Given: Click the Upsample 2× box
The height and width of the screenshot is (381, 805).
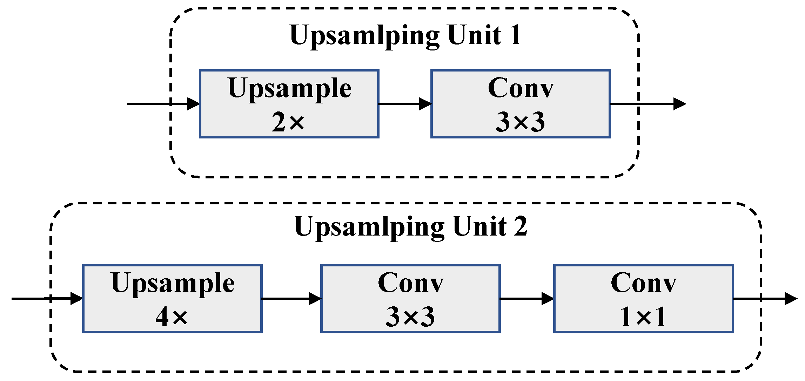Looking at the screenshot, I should click(289, 104).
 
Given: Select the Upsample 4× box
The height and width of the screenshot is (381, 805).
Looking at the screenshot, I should click(172, 299).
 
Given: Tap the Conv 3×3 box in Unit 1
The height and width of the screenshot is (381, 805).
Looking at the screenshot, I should click(521, 104).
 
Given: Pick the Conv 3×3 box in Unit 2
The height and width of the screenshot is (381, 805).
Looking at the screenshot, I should click(410, 299).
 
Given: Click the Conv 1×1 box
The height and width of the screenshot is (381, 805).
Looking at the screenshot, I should click(643, 299).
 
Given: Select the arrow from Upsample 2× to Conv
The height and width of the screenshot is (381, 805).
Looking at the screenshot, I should click(405, 104).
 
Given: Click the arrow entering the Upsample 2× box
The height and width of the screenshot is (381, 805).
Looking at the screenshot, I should click(163, 104).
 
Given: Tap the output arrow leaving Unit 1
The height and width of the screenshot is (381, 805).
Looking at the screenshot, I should click(648, 104).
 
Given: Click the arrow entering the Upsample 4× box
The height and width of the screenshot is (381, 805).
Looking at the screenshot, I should click(47, 299).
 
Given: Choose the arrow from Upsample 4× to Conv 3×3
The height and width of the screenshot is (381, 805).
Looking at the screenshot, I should click(291, 299).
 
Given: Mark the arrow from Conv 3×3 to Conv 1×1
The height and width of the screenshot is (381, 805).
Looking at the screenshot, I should click(526, 299).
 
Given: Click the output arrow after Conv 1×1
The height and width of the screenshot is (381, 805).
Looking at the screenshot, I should click(765, 299).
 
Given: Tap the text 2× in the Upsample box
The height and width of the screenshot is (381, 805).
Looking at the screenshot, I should click(288, 122).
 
